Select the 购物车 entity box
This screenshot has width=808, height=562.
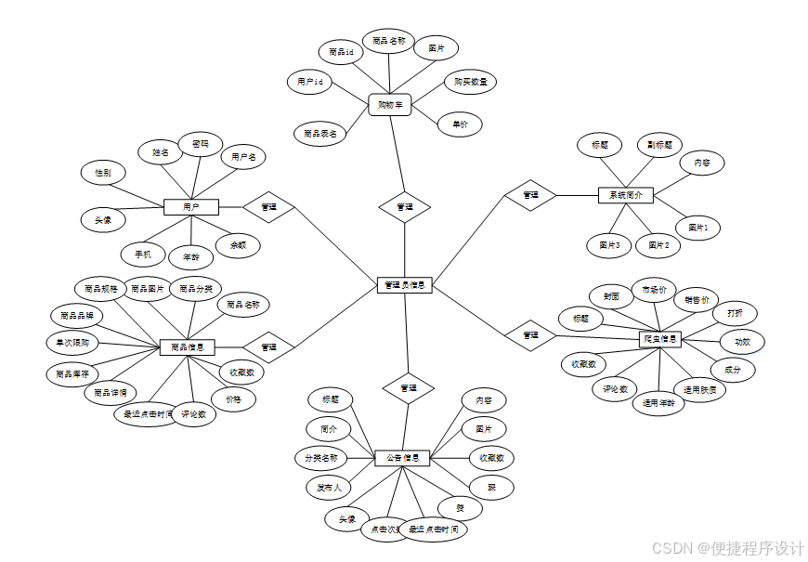[390, 105]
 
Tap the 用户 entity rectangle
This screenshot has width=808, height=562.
[189, 206]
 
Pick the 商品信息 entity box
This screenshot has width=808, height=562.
[188, 347]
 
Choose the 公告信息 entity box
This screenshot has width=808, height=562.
[402, 458]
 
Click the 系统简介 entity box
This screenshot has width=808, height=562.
[625, 195]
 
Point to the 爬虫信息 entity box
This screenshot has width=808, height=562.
[660, 339]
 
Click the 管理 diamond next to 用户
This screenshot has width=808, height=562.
[268, 206]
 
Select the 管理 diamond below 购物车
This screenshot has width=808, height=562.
[405, 207]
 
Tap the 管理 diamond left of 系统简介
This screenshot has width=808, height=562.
[530, 195]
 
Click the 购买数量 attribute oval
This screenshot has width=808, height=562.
[470, 82]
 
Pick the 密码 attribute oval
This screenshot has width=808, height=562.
[201, 144]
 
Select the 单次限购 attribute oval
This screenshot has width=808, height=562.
[72, 342]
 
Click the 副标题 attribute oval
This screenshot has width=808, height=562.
[658, 145]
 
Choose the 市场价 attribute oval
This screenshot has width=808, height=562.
[654, 290]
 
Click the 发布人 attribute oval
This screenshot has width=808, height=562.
[329, 487]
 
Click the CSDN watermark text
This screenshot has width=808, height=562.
[728, 548]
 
